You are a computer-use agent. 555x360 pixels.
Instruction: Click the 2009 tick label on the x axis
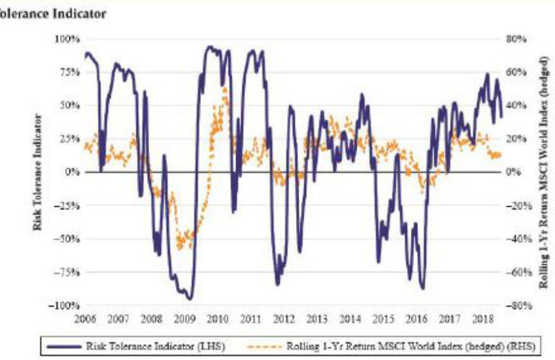coord(184,318)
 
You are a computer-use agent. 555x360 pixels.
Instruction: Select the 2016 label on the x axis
coord(417,318)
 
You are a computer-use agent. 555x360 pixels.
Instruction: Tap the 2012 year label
coord(284,318)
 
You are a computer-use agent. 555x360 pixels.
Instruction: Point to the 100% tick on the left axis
coord(68,39)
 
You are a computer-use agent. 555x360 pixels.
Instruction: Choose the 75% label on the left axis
coord(70,72)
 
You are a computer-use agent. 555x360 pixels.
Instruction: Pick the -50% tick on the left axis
coord(68,239)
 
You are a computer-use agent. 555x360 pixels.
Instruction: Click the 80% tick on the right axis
coord(515,39)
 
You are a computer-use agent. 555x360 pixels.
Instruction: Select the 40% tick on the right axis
coord(515,105)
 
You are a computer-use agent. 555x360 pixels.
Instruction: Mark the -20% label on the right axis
coord(514,206)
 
